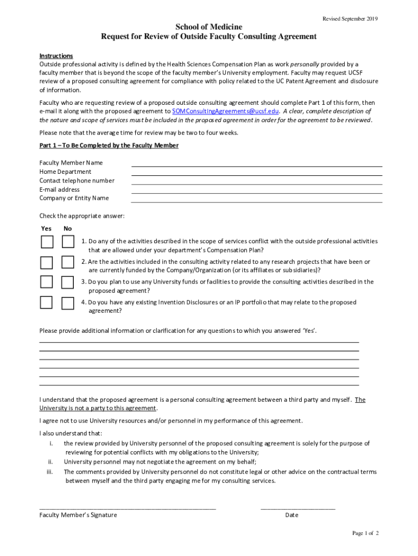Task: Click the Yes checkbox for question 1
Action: coord(47,242)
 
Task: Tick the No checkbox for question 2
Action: coord(67,262)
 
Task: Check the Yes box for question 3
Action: coord(47,282)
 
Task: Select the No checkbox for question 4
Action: coord(67,303)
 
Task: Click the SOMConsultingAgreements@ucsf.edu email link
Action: coord(225,111)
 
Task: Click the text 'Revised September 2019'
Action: coord(350,19)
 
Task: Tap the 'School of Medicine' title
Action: coord(208,27)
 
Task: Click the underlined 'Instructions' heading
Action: coord(56,56)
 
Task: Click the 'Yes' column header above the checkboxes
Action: coord(47,229)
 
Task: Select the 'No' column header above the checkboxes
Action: coord(67,229)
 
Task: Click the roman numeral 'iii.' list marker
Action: coord(49,472)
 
